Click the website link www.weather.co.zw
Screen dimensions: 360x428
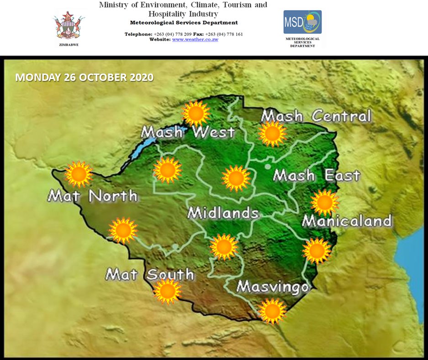pyautogui.click(x=195, y=40)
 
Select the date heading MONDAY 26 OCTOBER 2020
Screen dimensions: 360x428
pyautogui.click(x=85, y=77)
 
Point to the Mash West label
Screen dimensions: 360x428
pyautogui.click(x=188, y=132)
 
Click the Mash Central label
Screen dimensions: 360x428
pyautogui.click(x=316, y=116)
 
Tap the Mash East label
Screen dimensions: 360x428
pyautogui.click(x=317, y=175)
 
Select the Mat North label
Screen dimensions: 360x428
pyautogui.click(x=92, y=196)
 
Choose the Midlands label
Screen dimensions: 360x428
pyautogui.click(x=223, y=213)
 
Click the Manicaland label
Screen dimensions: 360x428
pyautogui.click(x=347, y=221)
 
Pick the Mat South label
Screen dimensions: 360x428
pyautogui.click(x=150, y=275)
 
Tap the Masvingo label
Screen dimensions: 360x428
pyautogui.click(x=273, y=287)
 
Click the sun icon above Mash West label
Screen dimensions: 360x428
pyautogui.click(x=196, y=114)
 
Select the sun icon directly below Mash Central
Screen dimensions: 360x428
pyautogui.click(x=272, y=133)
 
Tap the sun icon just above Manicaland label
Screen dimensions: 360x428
pyautogui.click(x=325, y=202)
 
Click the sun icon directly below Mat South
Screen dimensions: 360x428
pyautogui.click(x=167, y=291)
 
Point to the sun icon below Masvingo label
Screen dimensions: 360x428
pyautogui.click(x=272, y=311)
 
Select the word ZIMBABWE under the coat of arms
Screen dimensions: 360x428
pyautogui.click(x=69, y=45)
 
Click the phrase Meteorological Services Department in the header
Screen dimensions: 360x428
pyautogui.click(x=184, y=23)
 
